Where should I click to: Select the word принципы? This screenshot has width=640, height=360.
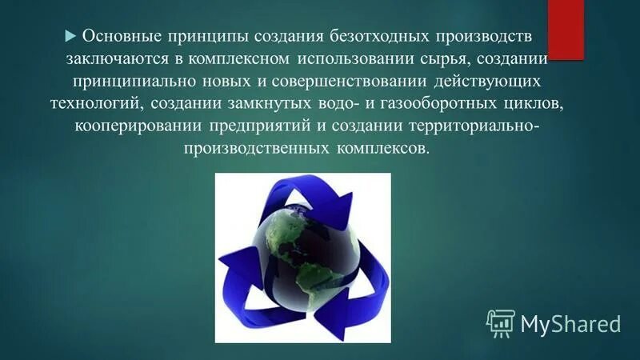(x=206, y=37)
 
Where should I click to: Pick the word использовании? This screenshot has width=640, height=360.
(x=357, y=59)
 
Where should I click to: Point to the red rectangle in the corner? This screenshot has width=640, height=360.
(x=566, y=27)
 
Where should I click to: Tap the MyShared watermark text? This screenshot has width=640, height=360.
(x=570, y=323)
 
